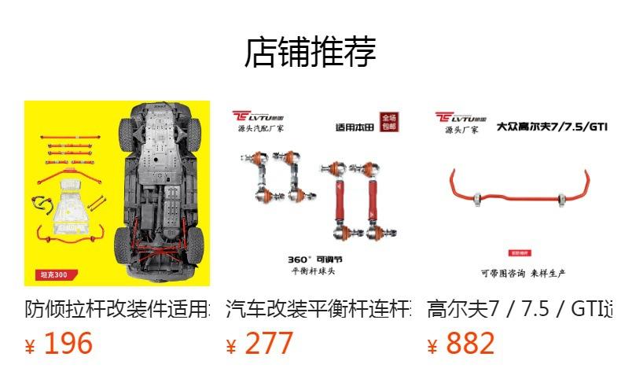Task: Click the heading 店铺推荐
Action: tap(310, 52)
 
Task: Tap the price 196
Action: tap(68, 344)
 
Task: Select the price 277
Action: tap(269, 344)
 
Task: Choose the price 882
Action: tap(470, 344)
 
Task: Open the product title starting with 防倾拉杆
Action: tap(117, 308)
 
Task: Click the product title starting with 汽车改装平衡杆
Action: tap(318, 308)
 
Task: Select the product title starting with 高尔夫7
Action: tap(520, 308)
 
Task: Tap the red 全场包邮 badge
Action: tap(388, 121)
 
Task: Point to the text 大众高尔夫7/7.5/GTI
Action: tap(553, 126)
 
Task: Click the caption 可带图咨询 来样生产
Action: tap(523, 273)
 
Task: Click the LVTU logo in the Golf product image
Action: tap(459, 117)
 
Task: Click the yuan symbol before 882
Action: tap(432, 347)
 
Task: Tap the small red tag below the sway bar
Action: tap(518, 253)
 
